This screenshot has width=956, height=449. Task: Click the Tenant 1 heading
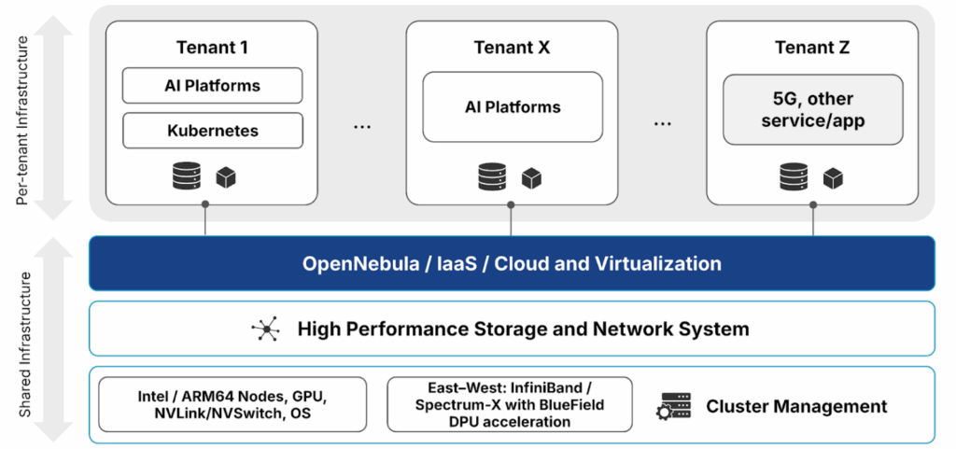point(212,48)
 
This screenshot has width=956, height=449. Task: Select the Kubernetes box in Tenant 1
point(212,131)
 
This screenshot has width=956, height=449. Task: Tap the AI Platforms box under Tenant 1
point(212,86)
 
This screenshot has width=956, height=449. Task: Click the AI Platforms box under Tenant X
point(513,107)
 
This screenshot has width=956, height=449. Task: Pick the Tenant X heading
point(513,48)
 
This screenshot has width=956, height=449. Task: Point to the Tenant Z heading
point(812,48)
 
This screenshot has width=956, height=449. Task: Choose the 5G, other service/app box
point(812,110)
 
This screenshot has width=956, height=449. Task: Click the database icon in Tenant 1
point(187,176)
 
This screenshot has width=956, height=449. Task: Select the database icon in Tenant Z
point(794,176)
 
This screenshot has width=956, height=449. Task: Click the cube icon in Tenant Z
point(833,177)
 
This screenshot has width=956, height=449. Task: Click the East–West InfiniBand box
point(509,405)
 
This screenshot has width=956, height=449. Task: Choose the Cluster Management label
point(796,406)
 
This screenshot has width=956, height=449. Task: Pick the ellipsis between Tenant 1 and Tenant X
point(362,125)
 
